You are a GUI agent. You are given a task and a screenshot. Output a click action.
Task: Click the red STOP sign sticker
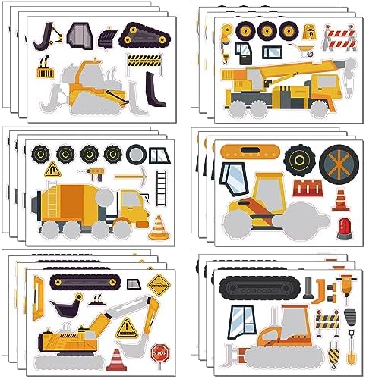(159, 352)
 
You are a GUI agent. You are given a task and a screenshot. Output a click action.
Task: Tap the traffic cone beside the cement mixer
(158, 226)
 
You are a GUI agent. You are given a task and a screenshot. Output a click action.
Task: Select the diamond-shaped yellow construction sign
(159, 287)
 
